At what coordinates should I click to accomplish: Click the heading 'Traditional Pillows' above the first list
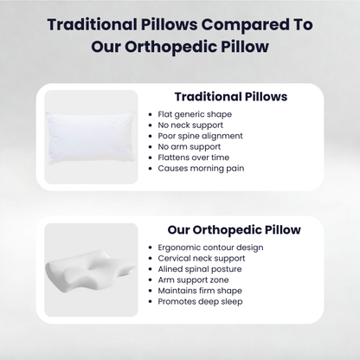point(231,97)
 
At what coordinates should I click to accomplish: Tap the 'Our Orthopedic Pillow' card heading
point(234,230)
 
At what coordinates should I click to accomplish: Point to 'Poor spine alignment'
point(200,136)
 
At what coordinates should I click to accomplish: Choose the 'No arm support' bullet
point(190,146)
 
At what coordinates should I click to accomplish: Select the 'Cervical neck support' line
point(201,258)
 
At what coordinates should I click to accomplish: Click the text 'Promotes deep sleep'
point(199,301)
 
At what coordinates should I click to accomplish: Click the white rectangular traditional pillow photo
point(91,137)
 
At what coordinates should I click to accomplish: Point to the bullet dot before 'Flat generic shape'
point(151,114)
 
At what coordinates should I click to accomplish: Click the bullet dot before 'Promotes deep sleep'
point(151,301)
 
